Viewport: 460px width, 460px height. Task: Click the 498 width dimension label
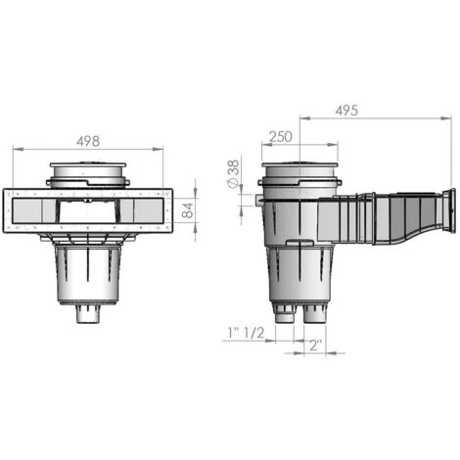pyautogui.click(x=88, y=141)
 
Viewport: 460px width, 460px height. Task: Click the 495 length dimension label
pyautogui.click(x=346, y=111)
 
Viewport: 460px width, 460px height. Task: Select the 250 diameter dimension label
pyautogui.click(x=281, y=137)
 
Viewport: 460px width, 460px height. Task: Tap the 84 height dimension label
pyautogui.click(x=188, y=210)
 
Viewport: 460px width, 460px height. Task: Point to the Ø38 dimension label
pyautogui.click(x=233, y=174)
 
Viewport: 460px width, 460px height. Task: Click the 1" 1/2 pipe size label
pyautogui.click(x=247, y=333)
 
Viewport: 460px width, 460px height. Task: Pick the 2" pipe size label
pyautogui.click(x=315, y=345)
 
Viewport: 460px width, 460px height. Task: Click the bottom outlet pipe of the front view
pyautogui.click(x=88, y=314)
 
